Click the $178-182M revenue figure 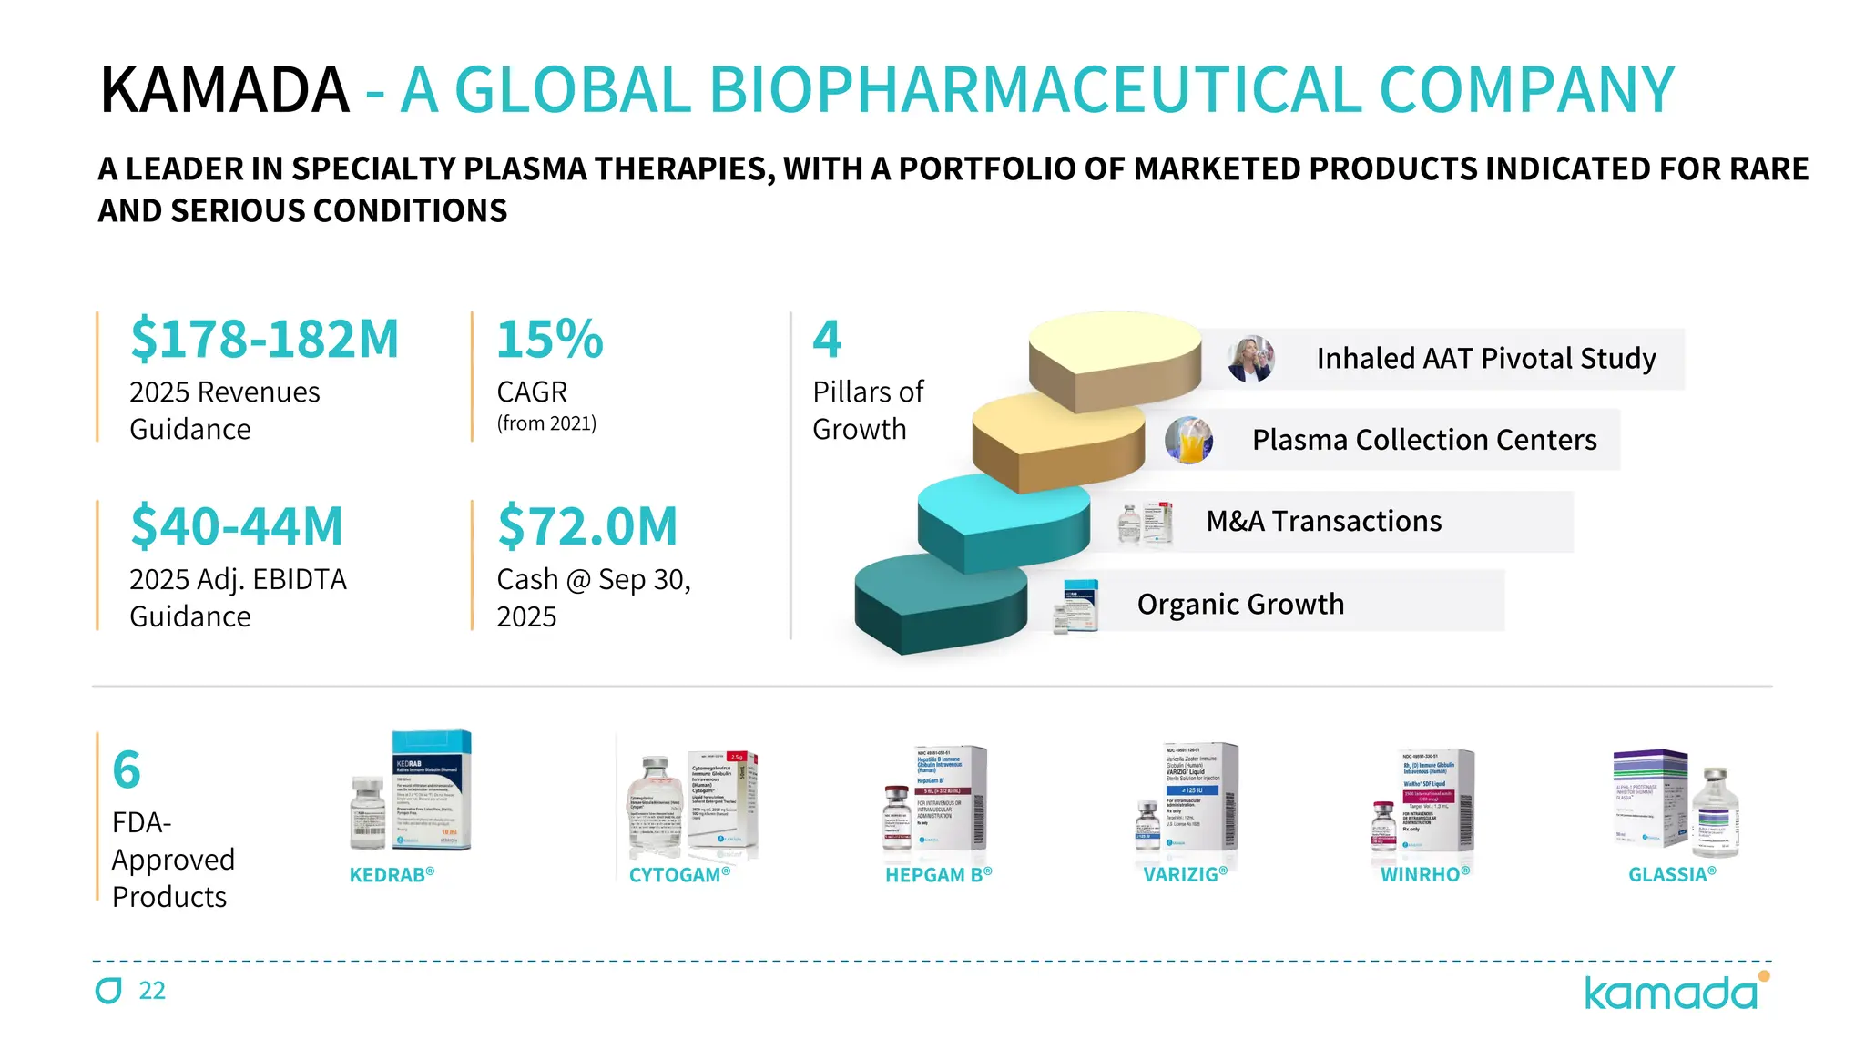[x=264, y=340]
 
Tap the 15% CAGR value [x=550, y=340]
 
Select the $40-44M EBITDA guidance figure [x=237, y=526]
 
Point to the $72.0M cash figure [x=587, y=526]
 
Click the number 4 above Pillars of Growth [x=827, y=339]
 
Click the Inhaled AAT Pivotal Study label [x=1486, y=359]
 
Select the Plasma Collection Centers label [x=1424, y=440]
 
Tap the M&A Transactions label [x=1324, y=521]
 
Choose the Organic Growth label [x=1240, y=604]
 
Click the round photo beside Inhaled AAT [x=1251, y=359]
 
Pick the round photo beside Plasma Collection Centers [x=1188, y=440]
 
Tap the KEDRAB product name [x=392, y=875]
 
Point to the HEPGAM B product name [x=938, y=875]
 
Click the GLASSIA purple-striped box [x=1650, y=797]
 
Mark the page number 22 [x=152, y=991]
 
